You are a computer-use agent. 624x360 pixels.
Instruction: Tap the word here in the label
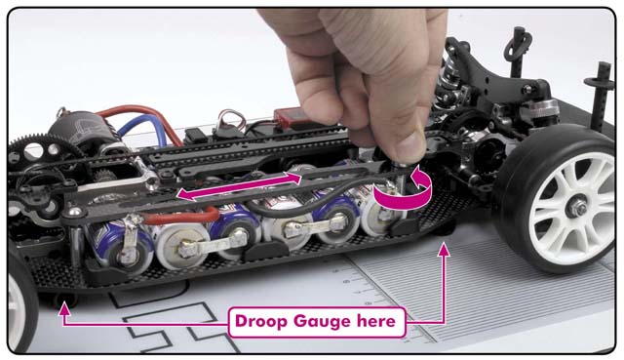376,322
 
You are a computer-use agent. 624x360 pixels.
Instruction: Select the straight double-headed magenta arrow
239,186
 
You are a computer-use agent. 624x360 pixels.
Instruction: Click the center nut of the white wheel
576,208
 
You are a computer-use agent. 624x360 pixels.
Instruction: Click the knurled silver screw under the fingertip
399,165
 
